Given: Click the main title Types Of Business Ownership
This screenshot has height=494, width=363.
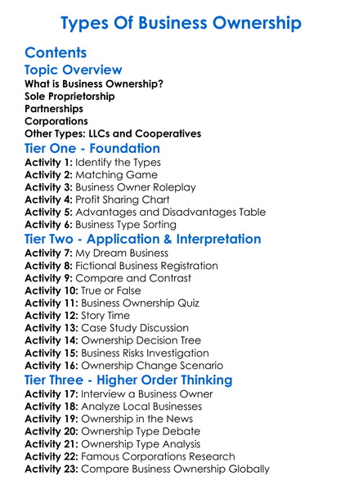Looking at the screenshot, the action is point(181,23).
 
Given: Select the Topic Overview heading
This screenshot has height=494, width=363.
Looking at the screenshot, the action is point(74,70).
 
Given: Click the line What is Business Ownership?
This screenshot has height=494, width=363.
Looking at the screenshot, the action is point(94,83).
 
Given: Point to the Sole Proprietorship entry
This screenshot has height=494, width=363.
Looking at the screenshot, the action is point(69,96).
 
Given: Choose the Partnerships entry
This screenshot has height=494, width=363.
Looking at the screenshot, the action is point(54,108).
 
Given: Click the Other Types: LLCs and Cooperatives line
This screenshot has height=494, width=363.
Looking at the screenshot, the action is point(113,133).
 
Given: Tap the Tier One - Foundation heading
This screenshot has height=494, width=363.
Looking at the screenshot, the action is point(92,149).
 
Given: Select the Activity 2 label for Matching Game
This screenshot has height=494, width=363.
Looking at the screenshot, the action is point(50,175).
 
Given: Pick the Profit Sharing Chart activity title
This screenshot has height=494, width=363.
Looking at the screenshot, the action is point(127,200).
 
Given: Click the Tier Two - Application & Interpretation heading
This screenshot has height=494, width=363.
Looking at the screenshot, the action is point(143,239).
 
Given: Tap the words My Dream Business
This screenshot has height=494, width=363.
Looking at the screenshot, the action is point(122,253).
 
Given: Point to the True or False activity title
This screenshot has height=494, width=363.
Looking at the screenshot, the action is point(110,290).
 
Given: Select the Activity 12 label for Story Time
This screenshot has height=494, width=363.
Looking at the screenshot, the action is point(53,315).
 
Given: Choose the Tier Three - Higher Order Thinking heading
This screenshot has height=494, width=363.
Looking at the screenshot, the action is point(128,379).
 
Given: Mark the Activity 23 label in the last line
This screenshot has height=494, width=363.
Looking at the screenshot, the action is point(53,469).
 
